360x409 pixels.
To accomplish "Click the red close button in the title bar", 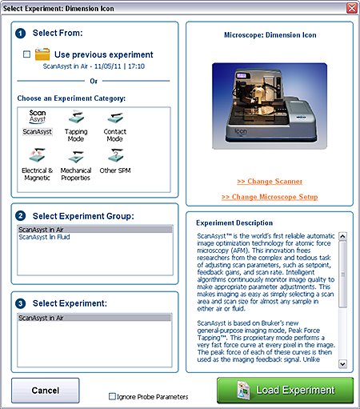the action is point(352,8).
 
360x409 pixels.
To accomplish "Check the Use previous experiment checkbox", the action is point(26,54).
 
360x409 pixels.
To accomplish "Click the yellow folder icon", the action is point(42,54).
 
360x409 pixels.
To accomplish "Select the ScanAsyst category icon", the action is point(38,117).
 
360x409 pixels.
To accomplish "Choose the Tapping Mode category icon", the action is point(76,117).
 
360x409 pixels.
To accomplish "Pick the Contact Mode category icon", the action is point(115,118).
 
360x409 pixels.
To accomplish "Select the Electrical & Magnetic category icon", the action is point(38,155).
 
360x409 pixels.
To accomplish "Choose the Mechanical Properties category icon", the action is point(76,156).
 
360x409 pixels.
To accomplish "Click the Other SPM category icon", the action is point(115,155).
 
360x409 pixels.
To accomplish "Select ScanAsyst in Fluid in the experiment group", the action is point(44,237).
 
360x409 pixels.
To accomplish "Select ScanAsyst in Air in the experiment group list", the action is point(41,230).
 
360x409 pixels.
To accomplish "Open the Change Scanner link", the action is point(270,182).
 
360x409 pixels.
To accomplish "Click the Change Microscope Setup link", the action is point(270,197).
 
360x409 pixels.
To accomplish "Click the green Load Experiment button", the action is point(285,390).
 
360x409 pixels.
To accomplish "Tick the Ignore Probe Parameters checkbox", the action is point(112,396).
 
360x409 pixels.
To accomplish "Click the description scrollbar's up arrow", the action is point(342,236).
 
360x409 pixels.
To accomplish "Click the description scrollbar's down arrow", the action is point(342,364).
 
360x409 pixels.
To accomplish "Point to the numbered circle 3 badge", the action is point(21,303).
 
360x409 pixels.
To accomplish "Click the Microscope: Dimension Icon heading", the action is point(270,35).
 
